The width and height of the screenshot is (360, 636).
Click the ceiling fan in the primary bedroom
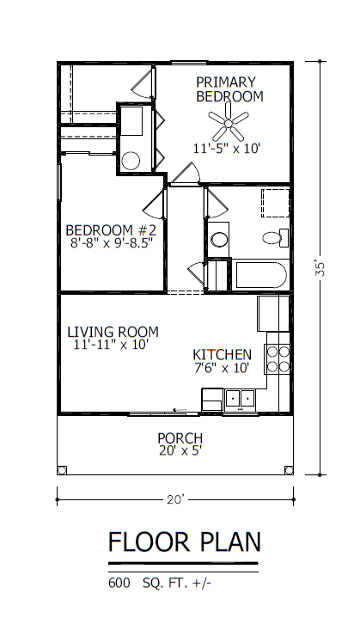[x=229, y=122]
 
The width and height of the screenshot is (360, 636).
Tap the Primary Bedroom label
[x=229, y=89]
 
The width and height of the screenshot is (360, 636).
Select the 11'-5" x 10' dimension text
[x=226, y=149]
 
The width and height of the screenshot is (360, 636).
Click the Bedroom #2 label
[x=111, y=230]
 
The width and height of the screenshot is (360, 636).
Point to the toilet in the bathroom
[x=275, y=238]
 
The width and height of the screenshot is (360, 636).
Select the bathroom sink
[x=219, y=239]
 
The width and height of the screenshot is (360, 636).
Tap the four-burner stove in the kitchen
[x=278, y=359]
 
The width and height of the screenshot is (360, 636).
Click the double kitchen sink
[x=240, y=399]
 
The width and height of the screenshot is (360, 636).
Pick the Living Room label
[x=113, y=332]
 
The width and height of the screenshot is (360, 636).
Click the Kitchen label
[x=222, y=354]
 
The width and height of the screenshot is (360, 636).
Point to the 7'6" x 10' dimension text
[x=222, y=368]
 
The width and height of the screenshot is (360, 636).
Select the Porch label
[x=180, y=438]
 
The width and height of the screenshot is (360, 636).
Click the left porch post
[x=62, y=470]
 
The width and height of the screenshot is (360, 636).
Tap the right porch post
[x=289, y=470]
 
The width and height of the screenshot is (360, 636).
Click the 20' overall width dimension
[x=175, y=499]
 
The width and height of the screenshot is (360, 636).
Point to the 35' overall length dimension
[x=320, y=268]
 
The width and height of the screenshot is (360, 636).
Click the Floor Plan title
[x=184, y=541]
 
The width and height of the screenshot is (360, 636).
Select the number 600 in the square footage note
[x=119, y=584]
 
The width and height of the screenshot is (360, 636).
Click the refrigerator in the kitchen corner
[x=273, y=314]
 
